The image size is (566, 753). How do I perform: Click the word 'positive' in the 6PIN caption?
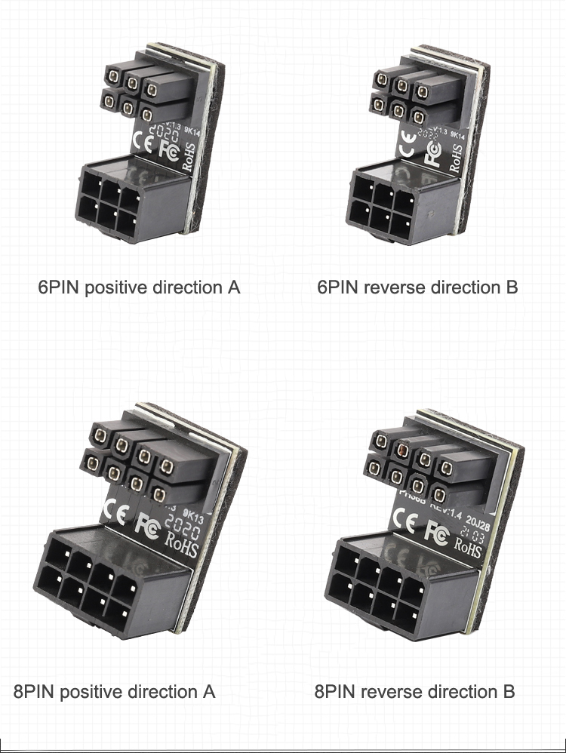point(116,287)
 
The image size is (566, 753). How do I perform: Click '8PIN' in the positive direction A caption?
point(35,691)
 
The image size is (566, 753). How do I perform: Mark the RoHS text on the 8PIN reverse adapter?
point(467,548)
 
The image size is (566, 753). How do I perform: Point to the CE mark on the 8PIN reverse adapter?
point(401,524)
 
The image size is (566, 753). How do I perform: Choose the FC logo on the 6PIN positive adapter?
point(169,149)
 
